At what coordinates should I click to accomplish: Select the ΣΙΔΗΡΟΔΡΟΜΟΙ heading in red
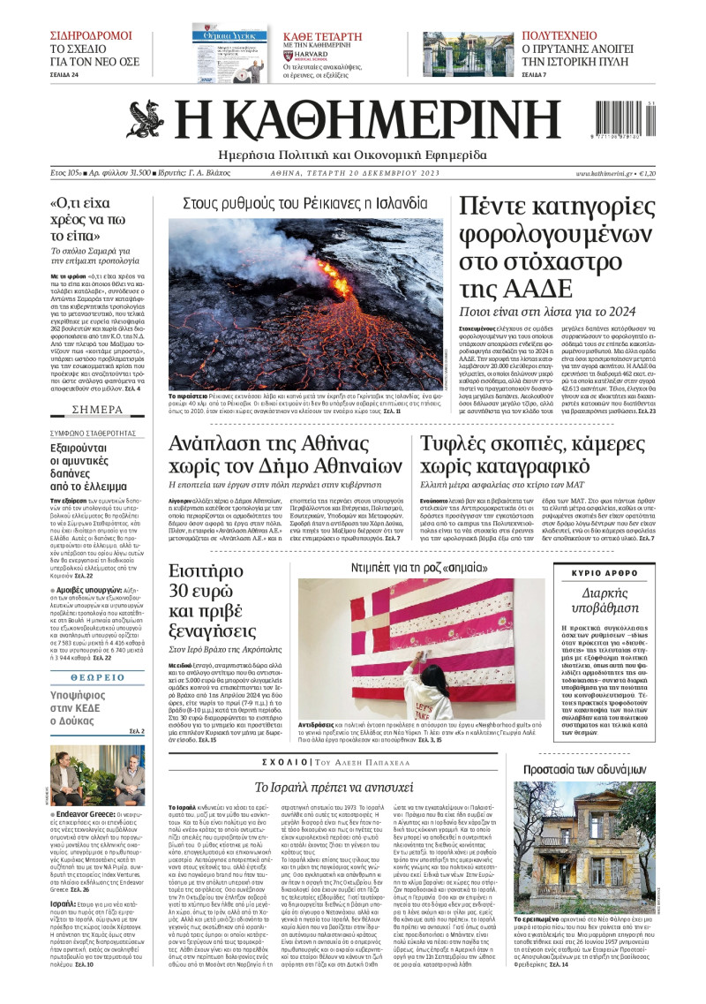[90, 36]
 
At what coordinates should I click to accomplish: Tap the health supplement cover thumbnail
[229, 55]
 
